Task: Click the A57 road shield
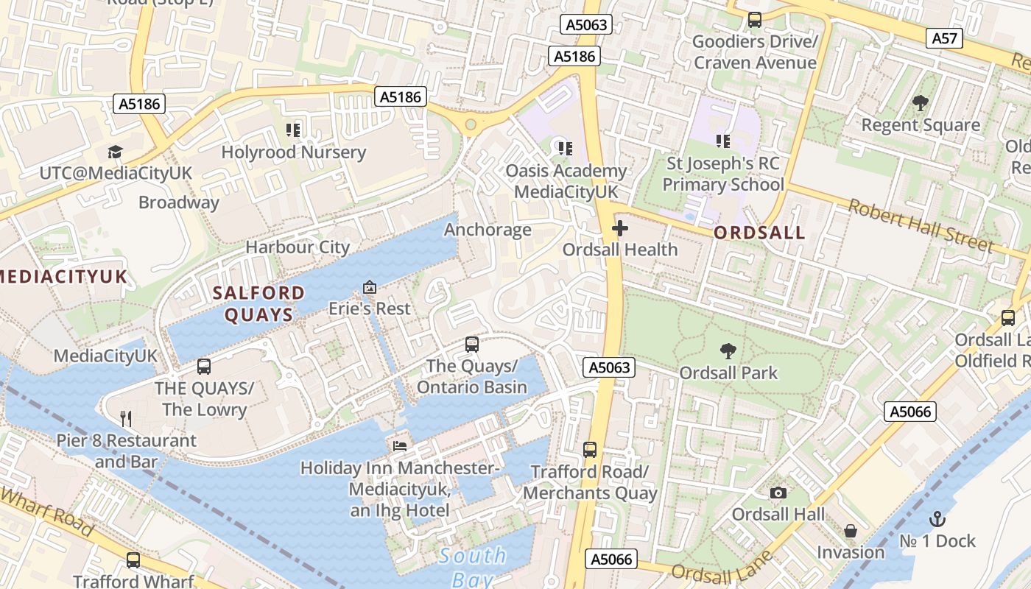(945, 38)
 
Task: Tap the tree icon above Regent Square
(920, 103)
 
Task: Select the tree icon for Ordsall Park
(728, 351)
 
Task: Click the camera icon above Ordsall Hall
(778, 493)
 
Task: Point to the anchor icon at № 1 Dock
(937, 519)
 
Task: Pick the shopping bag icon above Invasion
(851, 531)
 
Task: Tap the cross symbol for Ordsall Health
(620, 228)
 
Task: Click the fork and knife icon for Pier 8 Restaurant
(126, 419)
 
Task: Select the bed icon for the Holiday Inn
(399, 446)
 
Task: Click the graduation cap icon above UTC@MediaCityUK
(115, 152)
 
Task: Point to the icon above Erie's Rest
(370, 286)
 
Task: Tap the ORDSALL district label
(759, 233)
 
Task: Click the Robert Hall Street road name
(921, 225)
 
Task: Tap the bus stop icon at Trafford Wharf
(133, 560)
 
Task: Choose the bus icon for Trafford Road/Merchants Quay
(590, 449)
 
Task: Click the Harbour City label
(298, 247)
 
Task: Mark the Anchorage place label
(488, 230)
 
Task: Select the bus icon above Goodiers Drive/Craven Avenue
(755, 20)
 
